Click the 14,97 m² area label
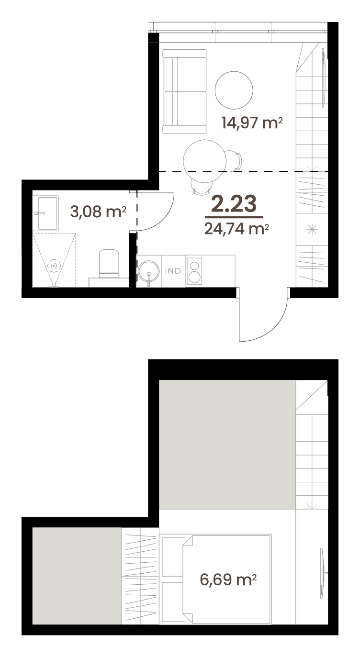coord(252,122)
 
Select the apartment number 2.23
coord(234,204)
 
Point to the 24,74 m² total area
coord(236,229)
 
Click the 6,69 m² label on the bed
coord(228,579)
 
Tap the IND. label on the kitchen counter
coord(174,271)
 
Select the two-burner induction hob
coord(194,271)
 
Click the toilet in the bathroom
coord(109,263)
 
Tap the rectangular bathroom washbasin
coord(47,213)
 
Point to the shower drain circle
coord(54,266)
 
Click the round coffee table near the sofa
coord(234,90)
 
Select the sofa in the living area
coord(184,91)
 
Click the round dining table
coord(204,161)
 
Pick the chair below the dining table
coord(202,187)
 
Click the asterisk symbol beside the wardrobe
coord(312,229)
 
